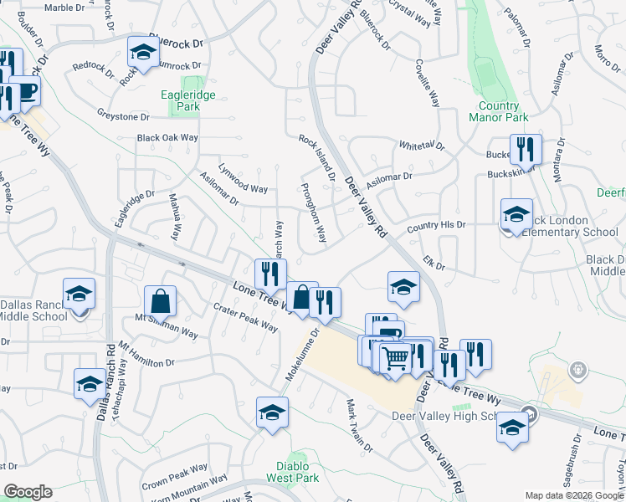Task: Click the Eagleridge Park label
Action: coord(188,101)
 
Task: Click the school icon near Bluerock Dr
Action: coord(143,52)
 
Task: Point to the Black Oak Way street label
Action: coord(167,137)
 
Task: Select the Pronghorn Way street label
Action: coord(312,213)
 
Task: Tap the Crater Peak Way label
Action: coord(245,317)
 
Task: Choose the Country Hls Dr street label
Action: coord(435,227)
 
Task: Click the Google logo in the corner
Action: coord(28,492)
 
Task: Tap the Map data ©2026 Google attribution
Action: coord(574,495)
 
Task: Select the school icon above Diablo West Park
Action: coord(272,412)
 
